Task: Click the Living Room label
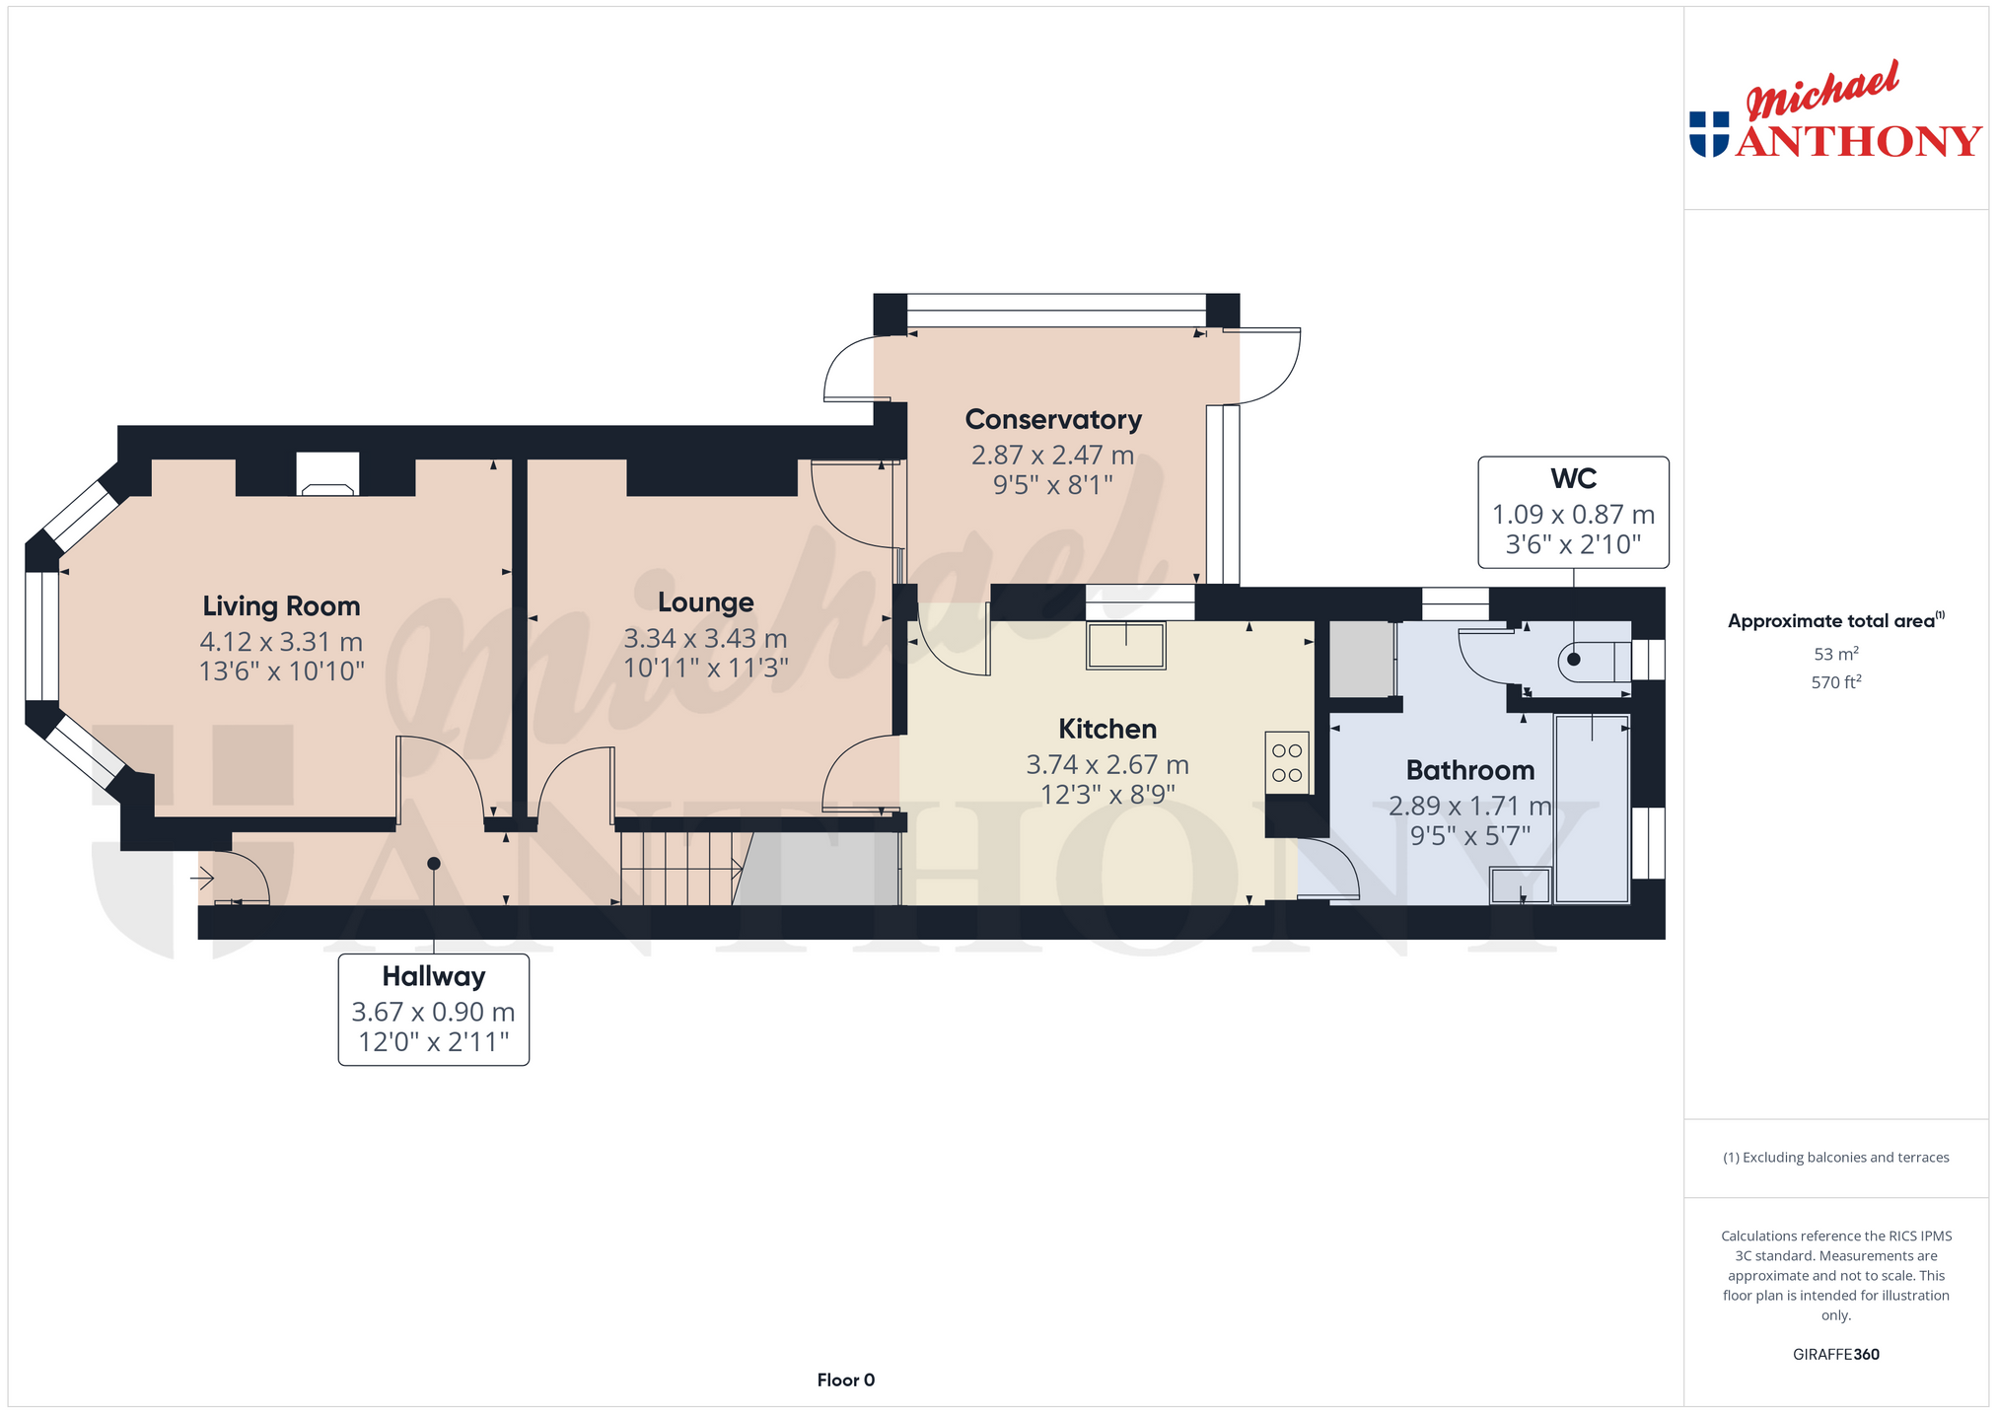[x=281, y=606]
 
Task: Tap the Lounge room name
[x=705, y=602]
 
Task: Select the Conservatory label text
[x=1053, y=420]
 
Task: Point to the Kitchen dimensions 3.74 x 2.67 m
[x=1107, y=764]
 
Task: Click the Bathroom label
[x=1470, y=770]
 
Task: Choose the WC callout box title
[x=1573, y=478]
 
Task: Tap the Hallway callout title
[x=434, y=976]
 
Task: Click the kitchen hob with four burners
[x=1287, y=763]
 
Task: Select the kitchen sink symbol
[x=1125, y=646]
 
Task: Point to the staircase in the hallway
[x=680, y=869]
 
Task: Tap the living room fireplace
[x=327, y=474]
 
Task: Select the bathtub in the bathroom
[x=1592, y=809]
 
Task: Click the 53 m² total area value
[x=1835, y=654]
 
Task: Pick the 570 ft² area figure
[x=1835, y=681]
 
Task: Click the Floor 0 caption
[x=846, y=1380]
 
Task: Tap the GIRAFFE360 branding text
[x=1835, y=1355]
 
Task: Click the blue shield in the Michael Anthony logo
[x=1709, y=134]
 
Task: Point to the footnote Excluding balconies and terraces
[x=1835, y=1158]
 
